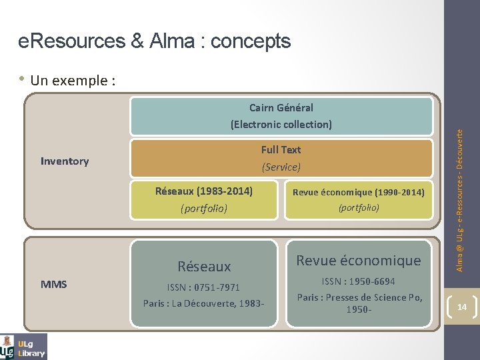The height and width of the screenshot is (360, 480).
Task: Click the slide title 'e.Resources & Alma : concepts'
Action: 155,41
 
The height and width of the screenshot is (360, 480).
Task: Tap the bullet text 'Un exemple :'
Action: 73,81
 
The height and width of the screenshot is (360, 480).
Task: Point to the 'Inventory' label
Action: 65,161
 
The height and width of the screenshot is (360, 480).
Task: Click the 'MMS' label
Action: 54,285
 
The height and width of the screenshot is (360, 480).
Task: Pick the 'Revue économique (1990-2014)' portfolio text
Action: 359,193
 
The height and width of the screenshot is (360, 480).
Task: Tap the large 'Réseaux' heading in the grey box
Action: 204,267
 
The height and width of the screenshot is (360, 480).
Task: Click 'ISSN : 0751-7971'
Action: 204,287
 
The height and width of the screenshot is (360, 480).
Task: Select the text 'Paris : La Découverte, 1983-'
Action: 204,303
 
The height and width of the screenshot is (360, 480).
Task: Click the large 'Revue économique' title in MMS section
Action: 359,261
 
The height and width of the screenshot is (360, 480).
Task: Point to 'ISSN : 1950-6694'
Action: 359,281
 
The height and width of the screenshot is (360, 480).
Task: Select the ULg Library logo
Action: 24,347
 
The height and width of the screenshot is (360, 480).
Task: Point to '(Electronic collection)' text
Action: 281,125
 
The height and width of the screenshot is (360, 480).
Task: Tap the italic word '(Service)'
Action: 281,167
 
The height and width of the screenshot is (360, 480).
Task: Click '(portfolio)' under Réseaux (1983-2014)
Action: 204,209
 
